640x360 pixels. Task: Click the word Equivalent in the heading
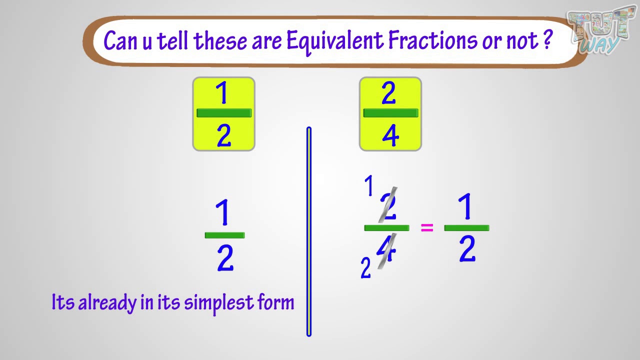[335, 42]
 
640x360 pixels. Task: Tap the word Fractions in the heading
[432, 40]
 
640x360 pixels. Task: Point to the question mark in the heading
[547, 39]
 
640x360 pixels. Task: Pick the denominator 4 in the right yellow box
[390, 135]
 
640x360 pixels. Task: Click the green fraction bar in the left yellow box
[224, 113]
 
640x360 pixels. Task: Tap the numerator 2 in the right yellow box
[388, 92]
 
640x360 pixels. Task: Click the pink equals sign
[427, 227]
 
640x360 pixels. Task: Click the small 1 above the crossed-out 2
[369, 185]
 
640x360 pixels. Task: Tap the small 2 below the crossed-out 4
[365, 267]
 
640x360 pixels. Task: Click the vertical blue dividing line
[309, 231]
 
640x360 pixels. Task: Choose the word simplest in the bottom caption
[219, 303]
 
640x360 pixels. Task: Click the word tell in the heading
[172, 40]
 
